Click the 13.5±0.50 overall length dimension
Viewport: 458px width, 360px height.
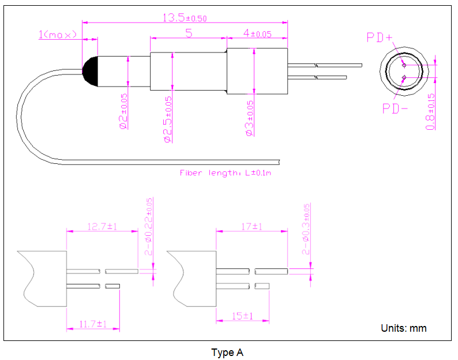(x=184, y=18)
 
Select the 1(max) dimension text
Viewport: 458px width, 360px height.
(x=58, y=35)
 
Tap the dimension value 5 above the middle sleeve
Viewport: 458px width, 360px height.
(x=189, y=33)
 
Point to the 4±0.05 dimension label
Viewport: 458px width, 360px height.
(x=257, y=34)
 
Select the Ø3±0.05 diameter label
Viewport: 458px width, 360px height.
(x=250, y=118)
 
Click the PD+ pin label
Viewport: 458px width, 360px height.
(x=380, y=38)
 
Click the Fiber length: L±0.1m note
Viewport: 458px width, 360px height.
(x=226, y=172)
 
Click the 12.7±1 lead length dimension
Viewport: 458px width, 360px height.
(x=102, y=227)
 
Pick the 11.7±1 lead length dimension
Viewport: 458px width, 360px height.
(x=93, y=324)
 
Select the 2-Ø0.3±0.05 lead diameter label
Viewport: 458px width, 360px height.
(x=306, y=229)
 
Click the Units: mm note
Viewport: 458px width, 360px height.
(x=404, y=328)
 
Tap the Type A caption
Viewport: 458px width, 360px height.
(x=227, y=352)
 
